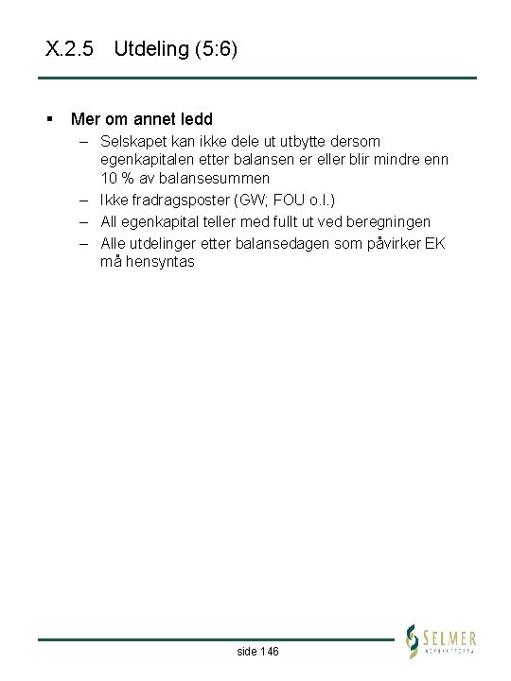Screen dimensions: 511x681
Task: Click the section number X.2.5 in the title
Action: click(69, 49)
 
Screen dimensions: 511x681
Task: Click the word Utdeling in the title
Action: click(150, 49)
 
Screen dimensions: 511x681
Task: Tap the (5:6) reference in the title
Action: click(216, 49)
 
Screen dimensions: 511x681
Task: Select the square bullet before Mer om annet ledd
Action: click(48, 119)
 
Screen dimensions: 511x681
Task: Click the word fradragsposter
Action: click(178, 200)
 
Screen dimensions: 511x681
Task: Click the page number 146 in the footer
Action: click(269, 652)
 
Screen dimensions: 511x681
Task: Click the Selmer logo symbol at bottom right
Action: click(413, 641)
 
